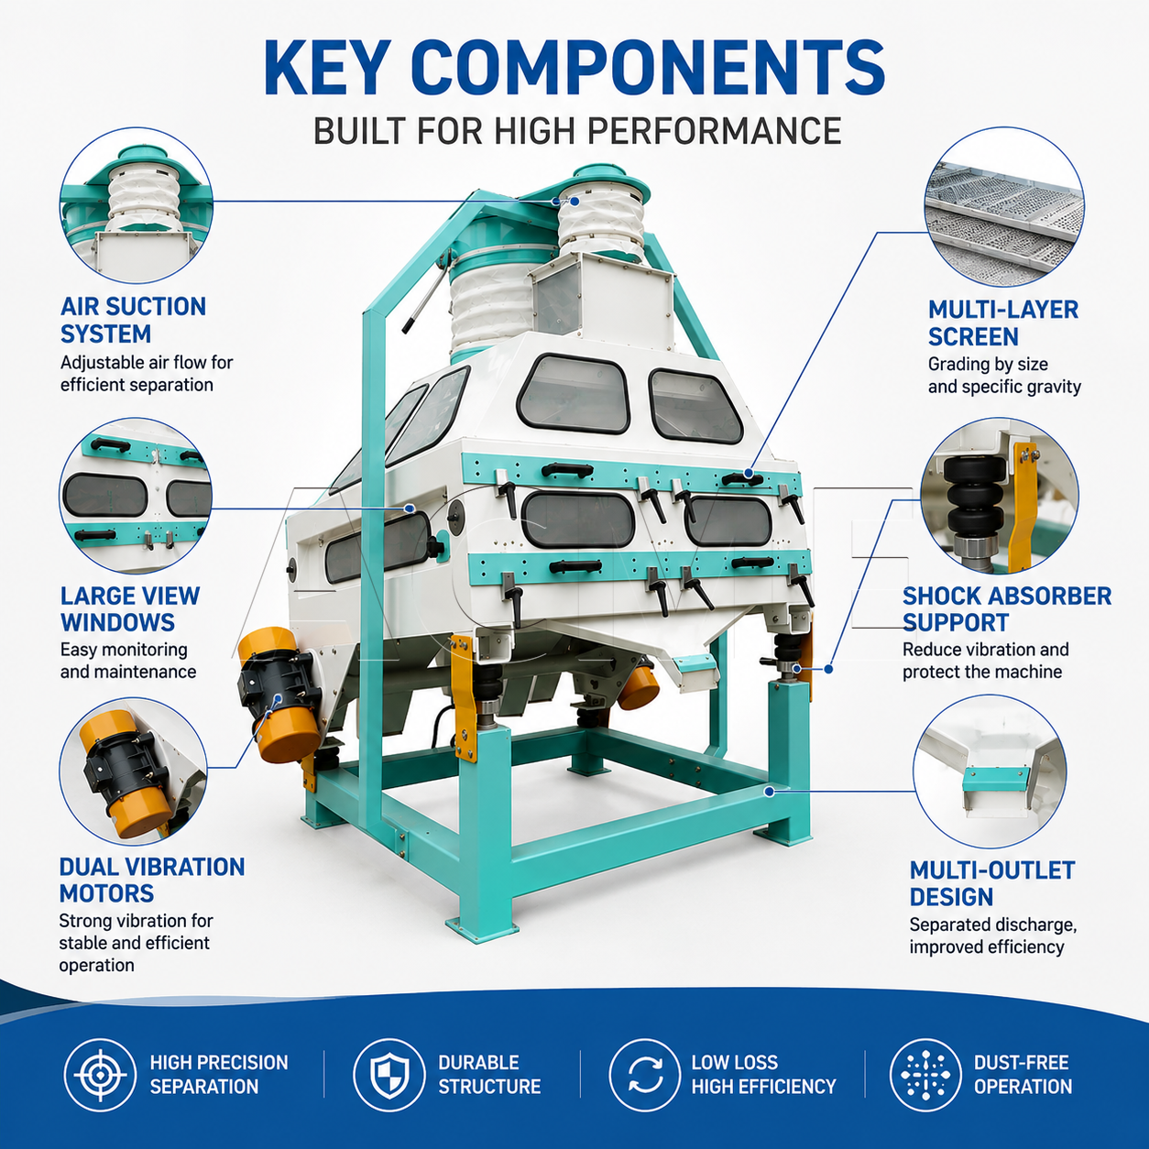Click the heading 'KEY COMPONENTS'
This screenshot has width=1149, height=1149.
574,67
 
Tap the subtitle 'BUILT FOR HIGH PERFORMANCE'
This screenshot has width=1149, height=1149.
577,131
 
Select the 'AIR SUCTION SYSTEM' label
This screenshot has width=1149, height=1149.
133,320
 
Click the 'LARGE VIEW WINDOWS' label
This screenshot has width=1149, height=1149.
130,608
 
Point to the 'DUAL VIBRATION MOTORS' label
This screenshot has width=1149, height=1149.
152,881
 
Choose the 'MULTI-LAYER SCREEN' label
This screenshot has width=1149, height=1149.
1003,323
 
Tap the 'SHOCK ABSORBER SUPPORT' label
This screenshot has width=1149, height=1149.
1007,608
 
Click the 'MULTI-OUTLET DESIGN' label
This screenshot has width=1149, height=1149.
992,883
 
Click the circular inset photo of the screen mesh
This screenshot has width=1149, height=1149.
1004,207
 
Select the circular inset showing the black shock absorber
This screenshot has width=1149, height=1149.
1000,496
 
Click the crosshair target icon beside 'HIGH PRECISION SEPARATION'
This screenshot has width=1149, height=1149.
100,1075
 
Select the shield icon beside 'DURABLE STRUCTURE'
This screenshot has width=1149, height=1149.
389,1075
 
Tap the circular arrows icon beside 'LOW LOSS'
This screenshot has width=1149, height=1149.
645,1075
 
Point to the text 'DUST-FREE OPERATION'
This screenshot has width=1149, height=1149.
1023,1075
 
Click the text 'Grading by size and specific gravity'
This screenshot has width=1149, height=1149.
1004,376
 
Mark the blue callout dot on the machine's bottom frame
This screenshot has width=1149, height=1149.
769,792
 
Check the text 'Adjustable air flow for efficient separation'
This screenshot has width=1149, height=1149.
146,374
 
